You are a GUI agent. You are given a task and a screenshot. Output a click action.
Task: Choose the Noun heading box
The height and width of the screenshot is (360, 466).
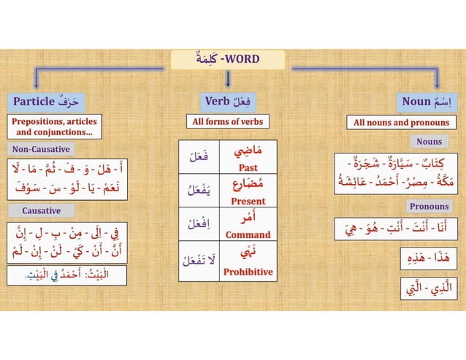[426, 100]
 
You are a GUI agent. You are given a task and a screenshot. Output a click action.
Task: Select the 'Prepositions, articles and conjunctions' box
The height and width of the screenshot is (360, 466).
[55, 126]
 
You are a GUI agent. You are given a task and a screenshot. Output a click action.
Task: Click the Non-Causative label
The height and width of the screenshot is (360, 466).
[41, 150]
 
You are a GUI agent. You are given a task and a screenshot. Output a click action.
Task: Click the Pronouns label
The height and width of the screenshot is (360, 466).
[428, 206]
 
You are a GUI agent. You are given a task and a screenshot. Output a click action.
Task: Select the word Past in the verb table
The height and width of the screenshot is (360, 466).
[248, 168]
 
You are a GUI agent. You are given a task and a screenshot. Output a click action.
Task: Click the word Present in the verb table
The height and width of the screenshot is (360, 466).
[248, 201]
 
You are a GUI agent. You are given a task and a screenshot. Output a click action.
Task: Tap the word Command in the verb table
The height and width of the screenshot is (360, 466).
[248, 235]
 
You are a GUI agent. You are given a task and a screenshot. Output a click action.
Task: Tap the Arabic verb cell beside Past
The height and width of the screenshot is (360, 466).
[199, 157]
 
